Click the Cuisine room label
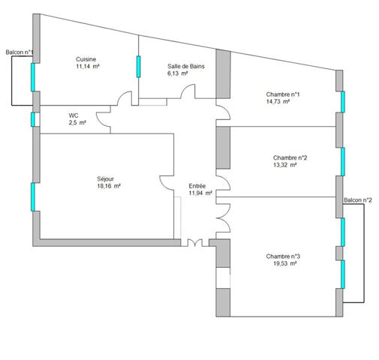86,59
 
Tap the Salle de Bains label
186,67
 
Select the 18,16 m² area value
109,186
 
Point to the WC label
74,115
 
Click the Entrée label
197,186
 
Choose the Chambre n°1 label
283,94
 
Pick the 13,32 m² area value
285,165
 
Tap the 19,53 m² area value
285,263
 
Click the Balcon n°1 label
20,52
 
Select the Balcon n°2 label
358,200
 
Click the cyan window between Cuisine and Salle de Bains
138,67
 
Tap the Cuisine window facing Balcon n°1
33,77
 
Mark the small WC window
33,119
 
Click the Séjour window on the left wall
33,196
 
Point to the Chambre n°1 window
343,102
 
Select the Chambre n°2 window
343,161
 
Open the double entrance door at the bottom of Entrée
195,243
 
